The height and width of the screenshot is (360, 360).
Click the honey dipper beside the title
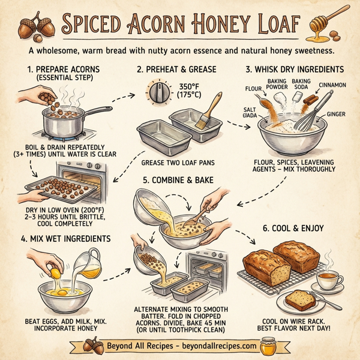click(x=325, y=23)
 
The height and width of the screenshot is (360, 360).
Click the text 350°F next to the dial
click(x=190, y=86)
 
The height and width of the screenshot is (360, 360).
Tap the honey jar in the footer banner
click(x=267, y=347)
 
